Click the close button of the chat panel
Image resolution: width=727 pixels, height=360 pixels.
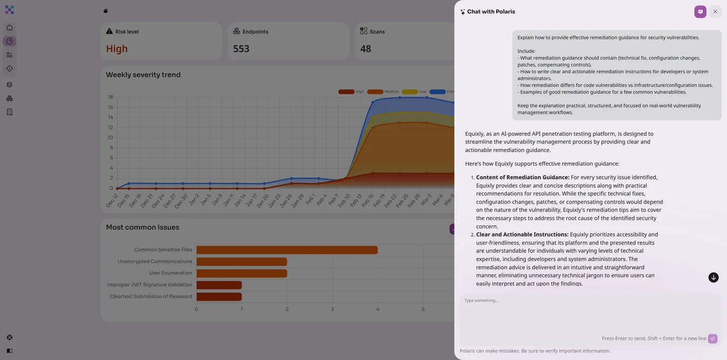pos(715,12)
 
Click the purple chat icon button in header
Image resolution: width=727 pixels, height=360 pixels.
pos(700,12)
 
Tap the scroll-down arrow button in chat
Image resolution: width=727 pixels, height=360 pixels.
pos(713,278)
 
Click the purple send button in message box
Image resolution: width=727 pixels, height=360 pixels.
pos(712,339)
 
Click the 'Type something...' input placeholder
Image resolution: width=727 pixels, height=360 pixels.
pos(482,300)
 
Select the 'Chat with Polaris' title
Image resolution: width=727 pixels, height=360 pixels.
pos(491,12)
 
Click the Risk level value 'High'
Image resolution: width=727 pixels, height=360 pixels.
pos(117,49)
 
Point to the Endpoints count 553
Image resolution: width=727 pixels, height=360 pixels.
pos(241,49)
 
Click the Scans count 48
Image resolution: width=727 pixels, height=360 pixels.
pos(366,49)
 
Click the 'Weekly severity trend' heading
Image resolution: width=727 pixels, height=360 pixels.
pos(143,75)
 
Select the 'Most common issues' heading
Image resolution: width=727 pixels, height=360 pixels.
pos(142,227)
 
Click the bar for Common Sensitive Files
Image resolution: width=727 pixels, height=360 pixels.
pos(287,250)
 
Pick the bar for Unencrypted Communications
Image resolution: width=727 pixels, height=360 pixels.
pos(241,262)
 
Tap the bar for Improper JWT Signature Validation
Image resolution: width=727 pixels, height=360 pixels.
pos(219,285)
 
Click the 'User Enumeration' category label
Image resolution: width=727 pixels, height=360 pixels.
pos(170,273)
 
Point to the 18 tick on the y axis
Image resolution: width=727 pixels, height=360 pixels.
pos(110,97)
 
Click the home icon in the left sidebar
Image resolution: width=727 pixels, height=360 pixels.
pos(10,28)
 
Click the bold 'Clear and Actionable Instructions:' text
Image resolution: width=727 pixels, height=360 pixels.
pos(522,234)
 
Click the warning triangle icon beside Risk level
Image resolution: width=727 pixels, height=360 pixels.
pos(109,31)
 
